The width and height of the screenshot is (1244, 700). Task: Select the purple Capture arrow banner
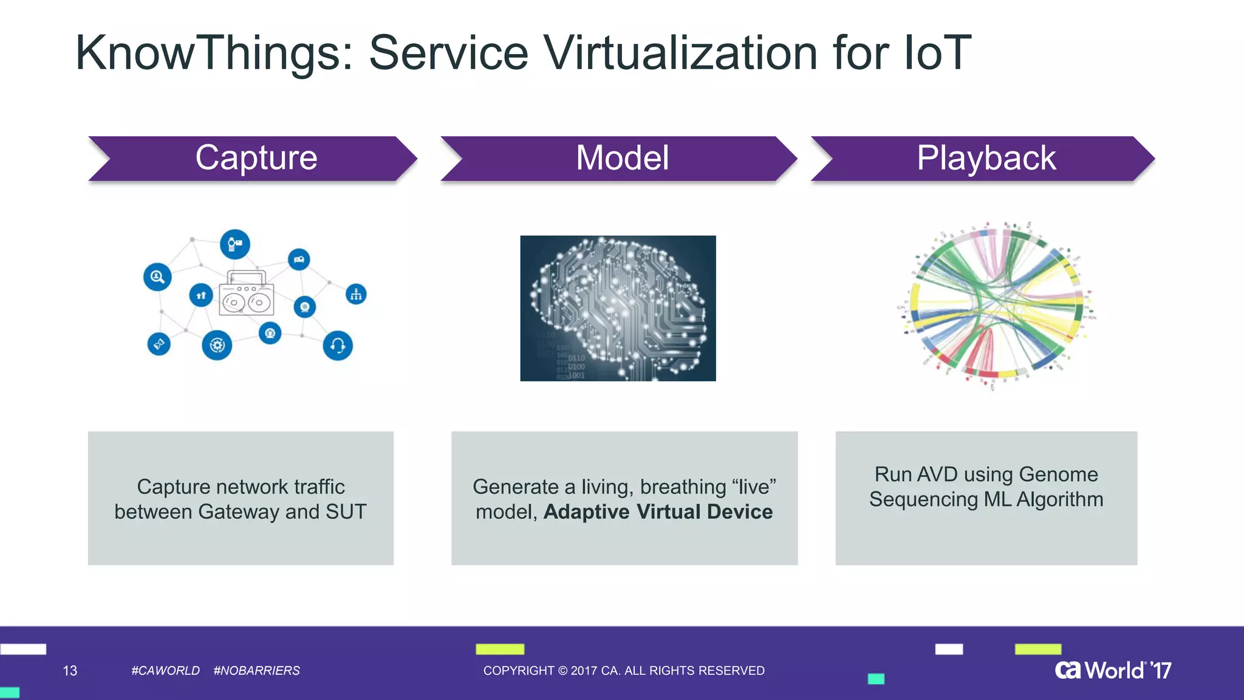click(x=255, y=159)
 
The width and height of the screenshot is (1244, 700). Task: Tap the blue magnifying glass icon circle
click(x=157, y=277)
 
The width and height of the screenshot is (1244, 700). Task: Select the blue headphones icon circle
click(x=338, y=346)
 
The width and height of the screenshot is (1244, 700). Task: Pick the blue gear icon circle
click(x=217, y=346)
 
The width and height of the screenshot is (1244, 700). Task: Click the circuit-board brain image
click(x=618, y=308)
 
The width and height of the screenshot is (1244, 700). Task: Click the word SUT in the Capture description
click(x=346, y=512)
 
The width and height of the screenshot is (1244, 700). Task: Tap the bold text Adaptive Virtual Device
click(x=658, y=512)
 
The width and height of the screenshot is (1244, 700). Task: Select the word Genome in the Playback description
click(x=1058, y=474)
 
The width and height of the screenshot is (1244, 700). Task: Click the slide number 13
click(x=70, y=671)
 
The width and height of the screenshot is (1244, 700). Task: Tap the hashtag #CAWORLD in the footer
click(x=165, y=671)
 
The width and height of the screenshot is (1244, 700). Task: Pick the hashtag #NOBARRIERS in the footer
click(x=256, y=671)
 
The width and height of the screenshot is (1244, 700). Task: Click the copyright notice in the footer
click(x=624, y=671)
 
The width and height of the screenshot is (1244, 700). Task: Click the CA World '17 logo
click(x=1113, y=670)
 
